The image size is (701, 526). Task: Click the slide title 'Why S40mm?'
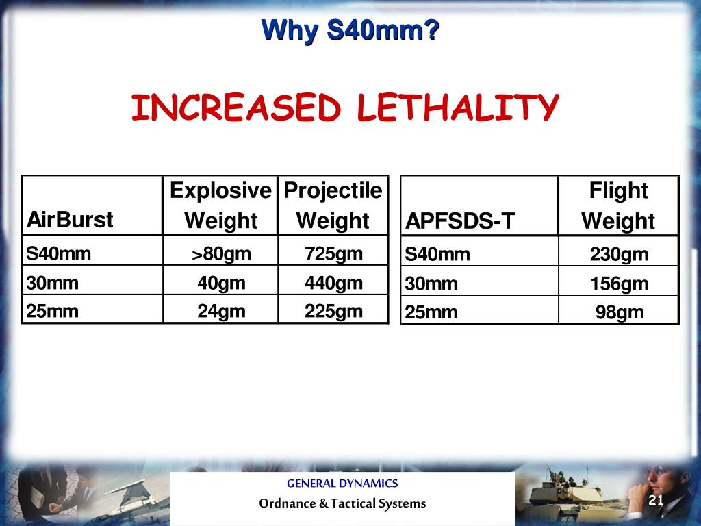[350, 31]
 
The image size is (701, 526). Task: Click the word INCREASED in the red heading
[235, 108]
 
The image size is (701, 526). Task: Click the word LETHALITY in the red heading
[457, 108]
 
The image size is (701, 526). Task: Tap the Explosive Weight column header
[220, 205]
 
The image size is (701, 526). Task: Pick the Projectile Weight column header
[333, 205]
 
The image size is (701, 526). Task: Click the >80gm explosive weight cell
[220, 254]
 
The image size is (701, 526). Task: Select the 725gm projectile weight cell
[333, 254]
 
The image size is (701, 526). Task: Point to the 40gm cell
[220, 283]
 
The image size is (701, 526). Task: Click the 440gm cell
[333, 283]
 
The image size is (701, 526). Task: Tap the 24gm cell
[220, 312]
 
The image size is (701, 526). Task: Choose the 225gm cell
[333, 312]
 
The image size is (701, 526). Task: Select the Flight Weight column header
[618, 205]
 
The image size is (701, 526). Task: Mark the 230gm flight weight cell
[618, 255]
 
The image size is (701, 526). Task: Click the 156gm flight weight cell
[618, 284]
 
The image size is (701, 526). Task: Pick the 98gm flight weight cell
[618, 312]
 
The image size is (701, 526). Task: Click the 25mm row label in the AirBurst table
[53, 312]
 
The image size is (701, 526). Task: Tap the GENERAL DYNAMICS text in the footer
[342, 484]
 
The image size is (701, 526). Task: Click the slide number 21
[656, 501]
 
